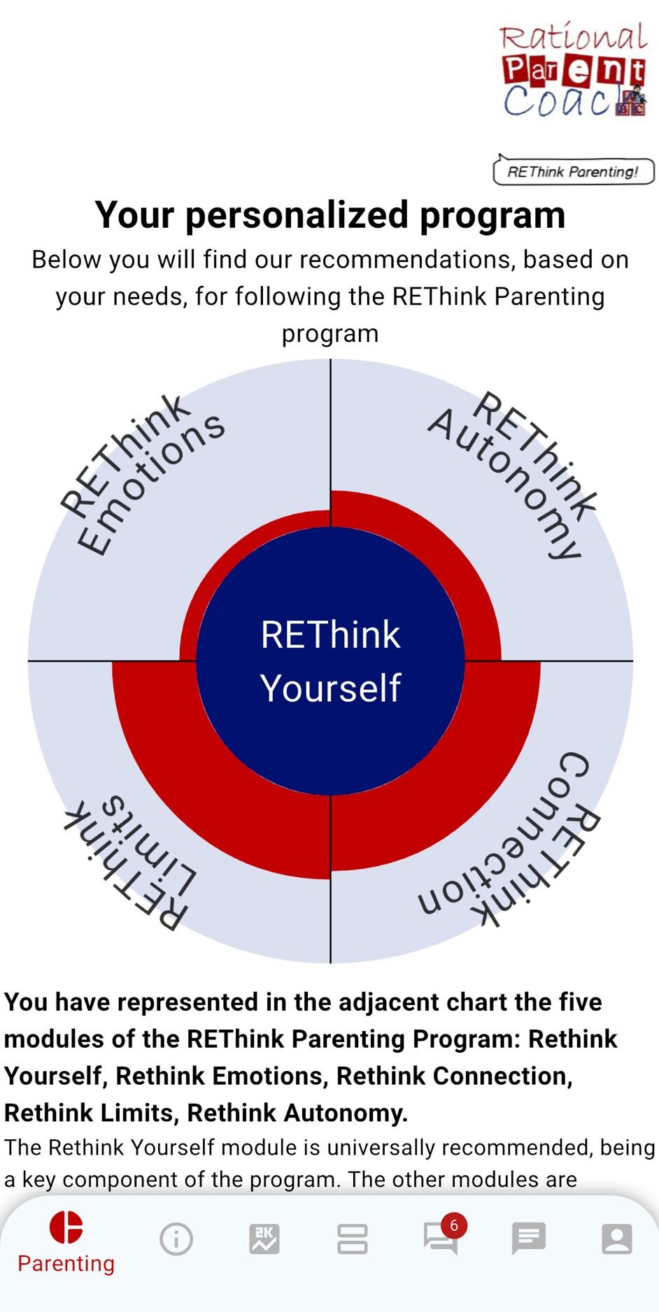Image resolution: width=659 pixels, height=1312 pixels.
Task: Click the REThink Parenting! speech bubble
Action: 574,170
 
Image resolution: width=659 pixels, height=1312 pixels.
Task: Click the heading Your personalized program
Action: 330,215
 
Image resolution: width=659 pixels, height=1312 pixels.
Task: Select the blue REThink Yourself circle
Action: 330,661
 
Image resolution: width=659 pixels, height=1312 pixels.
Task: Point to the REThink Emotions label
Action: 143,475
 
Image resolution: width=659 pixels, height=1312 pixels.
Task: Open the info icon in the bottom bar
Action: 176,1239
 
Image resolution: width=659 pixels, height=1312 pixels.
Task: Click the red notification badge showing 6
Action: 454,1225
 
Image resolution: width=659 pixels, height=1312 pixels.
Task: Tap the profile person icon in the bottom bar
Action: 617,1239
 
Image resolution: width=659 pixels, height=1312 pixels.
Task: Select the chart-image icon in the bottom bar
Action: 264,1239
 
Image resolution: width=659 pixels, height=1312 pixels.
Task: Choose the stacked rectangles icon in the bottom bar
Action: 353,1239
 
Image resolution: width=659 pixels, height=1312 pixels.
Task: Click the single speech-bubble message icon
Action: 529,1239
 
